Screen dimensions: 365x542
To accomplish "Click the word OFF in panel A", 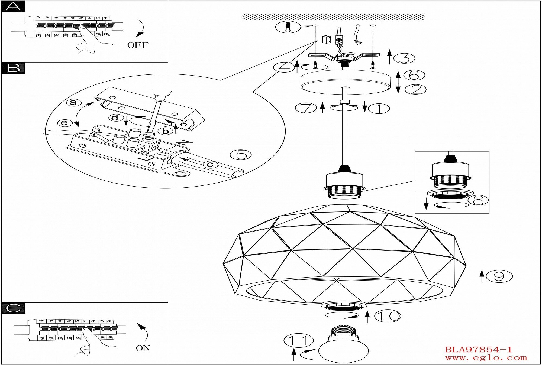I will (138, 45).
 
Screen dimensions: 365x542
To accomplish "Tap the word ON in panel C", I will (143, 348).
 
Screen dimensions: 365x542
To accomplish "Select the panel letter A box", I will (13, 6).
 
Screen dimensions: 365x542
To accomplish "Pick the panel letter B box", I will (13, 68).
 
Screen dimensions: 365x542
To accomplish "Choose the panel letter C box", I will (13, 308).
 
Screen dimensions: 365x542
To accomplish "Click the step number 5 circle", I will (240, 155).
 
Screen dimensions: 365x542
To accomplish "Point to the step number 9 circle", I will (499, 276).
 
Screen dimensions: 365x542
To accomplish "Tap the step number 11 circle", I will (299, 340).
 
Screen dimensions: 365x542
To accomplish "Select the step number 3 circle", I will (404, 58).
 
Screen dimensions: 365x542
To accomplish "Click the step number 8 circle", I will (479, 200).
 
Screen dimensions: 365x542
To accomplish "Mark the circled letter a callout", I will (73, 102).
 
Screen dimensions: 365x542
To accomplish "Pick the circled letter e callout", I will (64, 123).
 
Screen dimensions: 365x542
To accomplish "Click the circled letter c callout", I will (210, 164).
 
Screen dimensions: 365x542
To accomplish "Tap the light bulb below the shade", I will (343, 344).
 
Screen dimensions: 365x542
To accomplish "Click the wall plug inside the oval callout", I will (288, 27).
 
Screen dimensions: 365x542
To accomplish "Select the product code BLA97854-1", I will (479, 350).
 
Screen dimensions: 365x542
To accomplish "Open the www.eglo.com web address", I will (486, 358).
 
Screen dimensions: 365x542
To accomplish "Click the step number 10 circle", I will (388, 316).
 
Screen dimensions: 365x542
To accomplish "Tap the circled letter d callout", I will (115, 118).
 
